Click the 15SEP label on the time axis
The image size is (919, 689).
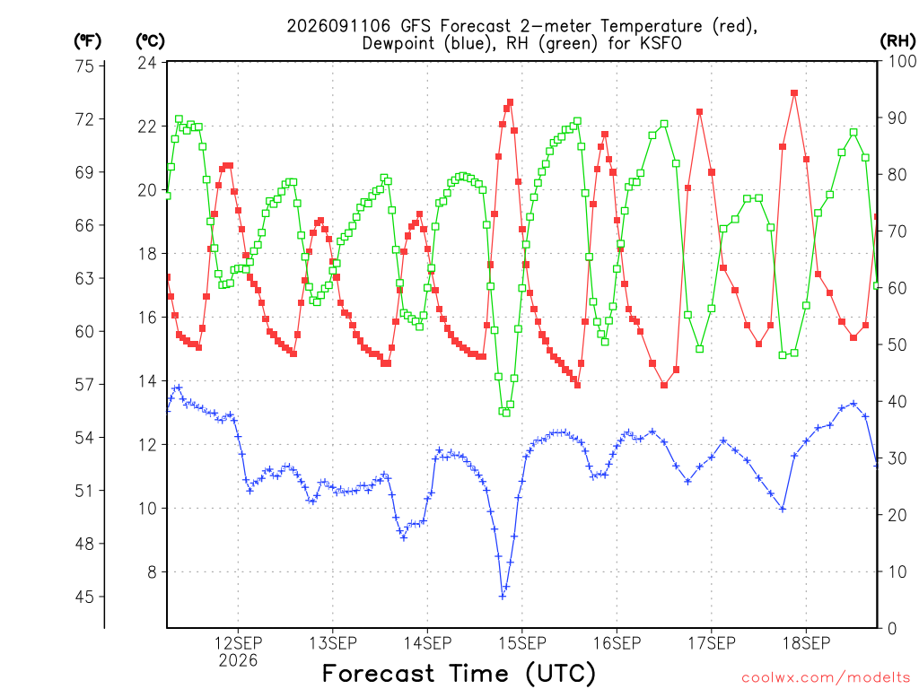[522, 643]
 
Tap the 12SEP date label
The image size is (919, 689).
[238, 643]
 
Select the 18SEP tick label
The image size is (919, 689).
[807, 643]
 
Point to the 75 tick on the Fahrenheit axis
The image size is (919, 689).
[84, 66]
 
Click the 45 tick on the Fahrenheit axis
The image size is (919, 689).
[84, 597]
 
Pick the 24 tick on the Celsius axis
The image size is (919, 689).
[147, 63]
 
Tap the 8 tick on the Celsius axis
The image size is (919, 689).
[152, 571]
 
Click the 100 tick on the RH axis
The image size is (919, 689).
[901, 61]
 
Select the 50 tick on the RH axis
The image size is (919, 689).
[897, 344]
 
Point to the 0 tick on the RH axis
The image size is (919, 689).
[892, 629]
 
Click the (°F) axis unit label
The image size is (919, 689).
[87, 41]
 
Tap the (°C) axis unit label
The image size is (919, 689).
[151, 41]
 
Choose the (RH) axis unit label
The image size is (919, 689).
[897, 41]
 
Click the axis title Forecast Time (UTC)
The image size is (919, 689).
[459, 673]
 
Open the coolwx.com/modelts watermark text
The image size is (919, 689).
[826, 678]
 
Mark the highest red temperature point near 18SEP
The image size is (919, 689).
[794, 93]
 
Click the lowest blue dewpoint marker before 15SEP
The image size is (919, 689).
[503, 597]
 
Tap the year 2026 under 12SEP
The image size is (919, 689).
[238, 661]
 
